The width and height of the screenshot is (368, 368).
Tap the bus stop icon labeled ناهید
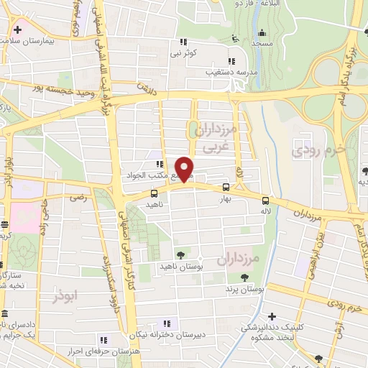(x=154, y=193)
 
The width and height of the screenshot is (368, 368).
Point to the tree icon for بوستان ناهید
(x=180, y=255)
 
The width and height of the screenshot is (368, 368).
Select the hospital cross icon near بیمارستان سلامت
(x=17, y=31)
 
